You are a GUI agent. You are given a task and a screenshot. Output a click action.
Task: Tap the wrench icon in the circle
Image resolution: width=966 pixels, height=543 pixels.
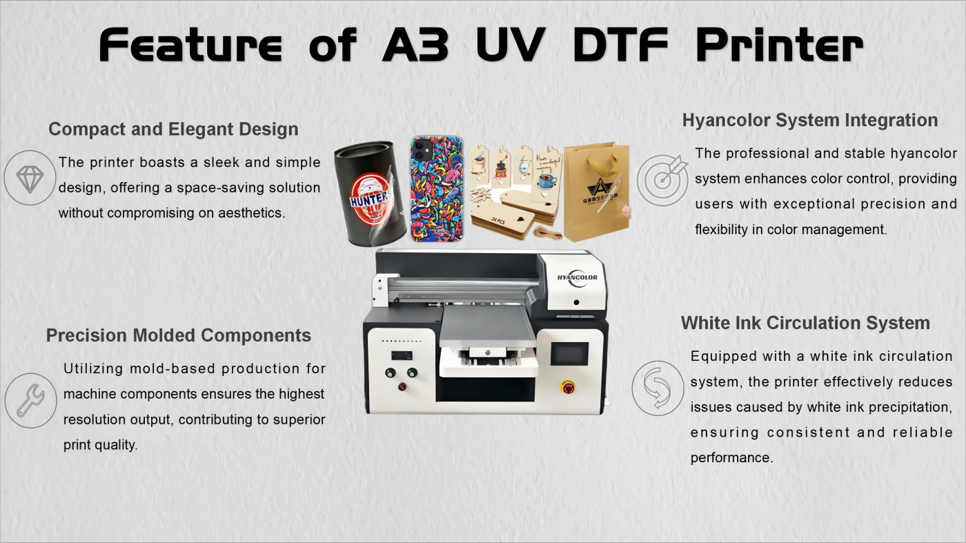click(x=30, y=401)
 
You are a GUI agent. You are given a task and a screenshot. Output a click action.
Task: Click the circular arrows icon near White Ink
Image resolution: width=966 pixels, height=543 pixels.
click(x=658, y=388)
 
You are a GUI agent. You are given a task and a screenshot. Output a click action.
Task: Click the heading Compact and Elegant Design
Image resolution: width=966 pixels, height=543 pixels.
click(x=173, y=129)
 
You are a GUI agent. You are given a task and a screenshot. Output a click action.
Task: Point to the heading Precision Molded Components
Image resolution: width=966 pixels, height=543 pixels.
click(x=179, y=335)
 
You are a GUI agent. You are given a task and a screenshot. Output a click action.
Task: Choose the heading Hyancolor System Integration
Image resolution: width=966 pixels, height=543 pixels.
click(x=810, y=120)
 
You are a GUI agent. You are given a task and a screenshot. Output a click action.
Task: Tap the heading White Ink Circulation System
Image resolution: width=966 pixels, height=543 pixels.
click(x=806, y=323)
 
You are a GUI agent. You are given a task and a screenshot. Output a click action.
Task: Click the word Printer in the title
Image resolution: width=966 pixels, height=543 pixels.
click(x=780, y=45)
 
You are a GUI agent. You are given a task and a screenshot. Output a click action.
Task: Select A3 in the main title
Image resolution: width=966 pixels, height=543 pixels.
click(x=415, y=45)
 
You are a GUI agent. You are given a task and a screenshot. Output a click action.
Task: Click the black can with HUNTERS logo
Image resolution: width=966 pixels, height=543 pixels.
click(x=370, y=194)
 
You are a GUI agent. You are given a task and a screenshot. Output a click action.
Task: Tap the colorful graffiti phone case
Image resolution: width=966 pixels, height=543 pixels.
click(x=437, y=189)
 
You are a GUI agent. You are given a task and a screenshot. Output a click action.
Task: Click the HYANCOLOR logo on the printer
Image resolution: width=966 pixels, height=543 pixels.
click(x=577, y=278)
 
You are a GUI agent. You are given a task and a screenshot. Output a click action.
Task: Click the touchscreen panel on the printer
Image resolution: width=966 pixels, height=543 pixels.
click(x=569, y=354)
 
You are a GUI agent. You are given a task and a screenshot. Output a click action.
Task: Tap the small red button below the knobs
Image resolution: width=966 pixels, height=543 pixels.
click(x=402, y=386)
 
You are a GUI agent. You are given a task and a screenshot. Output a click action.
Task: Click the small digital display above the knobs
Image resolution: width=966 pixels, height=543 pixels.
click(x=402, y=355)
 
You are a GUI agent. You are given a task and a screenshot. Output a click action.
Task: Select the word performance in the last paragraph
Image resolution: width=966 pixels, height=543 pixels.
click(x=731, y=457)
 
